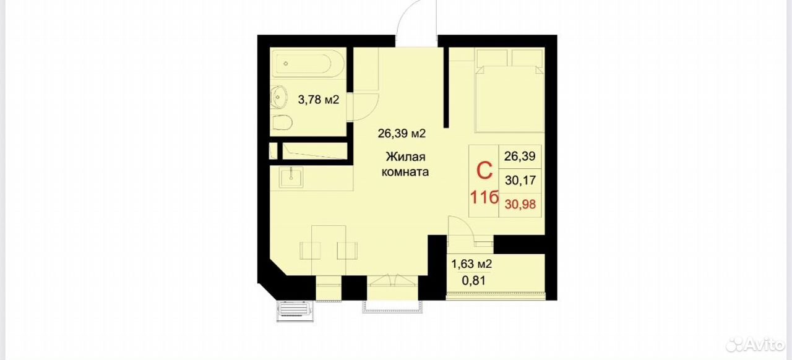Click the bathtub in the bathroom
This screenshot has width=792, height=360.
click(x=309, y=64)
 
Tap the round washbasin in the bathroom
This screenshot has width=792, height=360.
click(x=279, y=97)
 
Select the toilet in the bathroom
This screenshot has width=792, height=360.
click(x=282, y=123)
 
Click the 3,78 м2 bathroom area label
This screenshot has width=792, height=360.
click(x=319, y=100)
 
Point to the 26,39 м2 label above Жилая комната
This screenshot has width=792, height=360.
click(x=402, y=134)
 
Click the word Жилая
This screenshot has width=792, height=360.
click(x=405, y=156)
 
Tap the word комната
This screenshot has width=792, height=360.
click(x=405, y=172)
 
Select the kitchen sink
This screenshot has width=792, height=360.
click(x=291, y=178)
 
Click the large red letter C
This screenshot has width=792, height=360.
click(x=484, y=171)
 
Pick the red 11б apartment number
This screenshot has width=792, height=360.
click(x=484, y=197)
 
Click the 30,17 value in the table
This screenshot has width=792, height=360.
click(x=520, y=181)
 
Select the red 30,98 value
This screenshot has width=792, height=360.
click(x=520, y=204)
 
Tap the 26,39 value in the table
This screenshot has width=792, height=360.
click(x=520, y=156)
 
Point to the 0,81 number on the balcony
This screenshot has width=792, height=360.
click(x=474, y=281)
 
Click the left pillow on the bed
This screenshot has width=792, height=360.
click(x=492, y=58)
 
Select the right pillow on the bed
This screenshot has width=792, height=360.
click(x=527, y=58)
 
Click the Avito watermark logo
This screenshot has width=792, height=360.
click(x=754, y=343)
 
